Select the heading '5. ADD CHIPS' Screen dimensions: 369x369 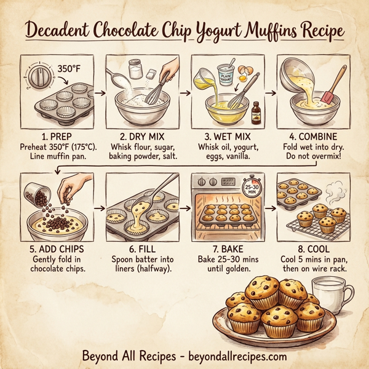[x=57, y=251]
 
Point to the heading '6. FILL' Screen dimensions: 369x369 [x=141, y=251]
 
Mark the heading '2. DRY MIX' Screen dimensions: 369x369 [x=141, y=133]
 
